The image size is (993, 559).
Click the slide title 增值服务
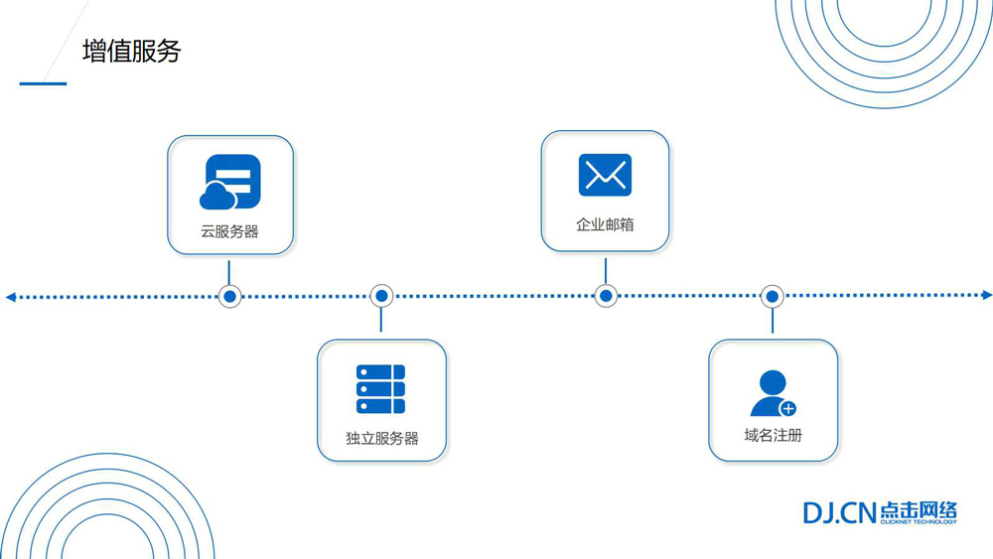(131, 52)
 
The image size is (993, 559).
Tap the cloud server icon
(230, 183)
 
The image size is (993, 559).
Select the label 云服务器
(229, 231)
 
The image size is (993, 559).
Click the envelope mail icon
(605, 176)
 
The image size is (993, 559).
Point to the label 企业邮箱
(605, 224)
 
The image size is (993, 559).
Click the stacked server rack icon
(381, 388)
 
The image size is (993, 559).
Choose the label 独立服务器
(381, 438)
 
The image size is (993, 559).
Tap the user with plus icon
(772, 393)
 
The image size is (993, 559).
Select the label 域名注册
(773, 435)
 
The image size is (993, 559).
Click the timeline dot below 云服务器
(230, 296)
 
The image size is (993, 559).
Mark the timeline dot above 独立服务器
(381, 296)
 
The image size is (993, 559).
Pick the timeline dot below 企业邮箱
(606, 296)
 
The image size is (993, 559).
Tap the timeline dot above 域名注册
(773, 296)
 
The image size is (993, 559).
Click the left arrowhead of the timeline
(11, 296)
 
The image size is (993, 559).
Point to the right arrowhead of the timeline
(986, 295)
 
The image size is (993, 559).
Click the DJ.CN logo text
(839, 512)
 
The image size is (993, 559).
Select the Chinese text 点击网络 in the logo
(919, 509)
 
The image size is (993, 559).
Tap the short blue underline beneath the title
(43, 83)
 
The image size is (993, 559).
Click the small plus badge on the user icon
(788, 408)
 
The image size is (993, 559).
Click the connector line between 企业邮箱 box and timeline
(606, 269)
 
